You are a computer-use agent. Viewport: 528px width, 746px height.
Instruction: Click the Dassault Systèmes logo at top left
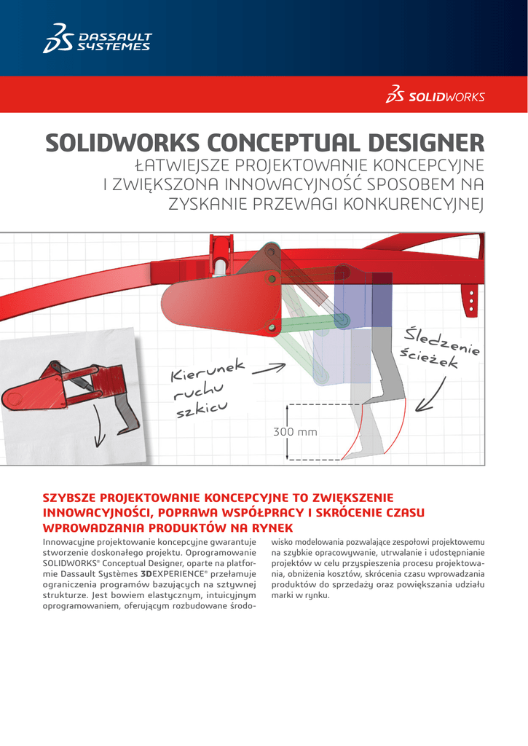pos(97,39)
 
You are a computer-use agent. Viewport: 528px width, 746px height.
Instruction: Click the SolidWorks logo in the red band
pos(436,96)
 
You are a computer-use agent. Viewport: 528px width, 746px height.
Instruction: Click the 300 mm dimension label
pos(295,432)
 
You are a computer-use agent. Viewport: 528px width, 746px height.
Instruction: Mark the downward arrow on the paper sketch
pos(99,434)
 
